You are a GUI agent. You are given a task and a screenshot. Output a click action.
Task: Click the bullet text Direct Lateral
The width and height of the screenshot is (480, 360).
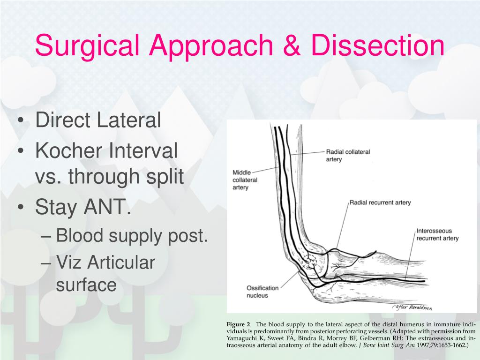(98, 120)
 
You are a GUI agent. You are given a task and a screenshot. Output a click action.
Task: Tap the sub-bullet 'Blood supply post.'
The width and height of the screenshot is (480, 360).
(132, 236)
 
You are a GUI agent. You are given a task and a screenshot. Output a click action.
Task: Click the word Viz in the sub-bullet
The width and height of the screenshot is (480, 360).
(69, 262)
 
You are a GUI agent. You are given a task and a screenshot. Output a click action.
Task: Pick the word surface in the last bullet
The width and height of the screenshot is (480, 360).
(86, 285)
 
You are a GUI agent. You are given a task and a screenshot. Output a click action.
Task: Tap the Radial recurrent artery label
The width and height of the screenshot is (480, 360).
(380, 202)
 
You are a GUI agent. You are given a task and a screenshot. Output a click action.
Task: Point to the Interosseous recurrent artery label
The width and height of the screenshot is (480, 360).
(437, 234)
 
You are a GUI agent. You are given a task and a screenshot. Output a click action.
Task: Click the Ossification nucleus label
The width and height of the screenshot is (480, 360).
(262, 292)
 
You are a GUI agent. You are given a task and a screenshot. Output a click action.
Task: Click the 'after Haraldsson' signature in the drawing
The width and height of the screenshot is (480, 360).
(411, 307)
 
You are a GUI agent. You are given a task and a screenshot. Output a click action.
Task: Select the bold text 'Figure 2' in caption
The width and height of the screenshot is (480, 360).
(239, 324)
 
